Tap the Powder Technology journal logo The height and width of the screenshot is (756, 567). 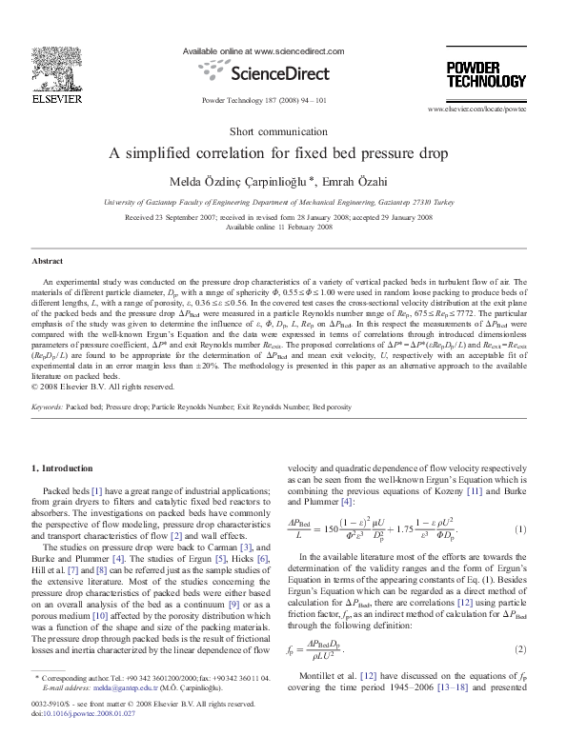coord(486,73)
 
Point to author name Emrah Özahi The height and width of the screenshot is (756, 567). coord(364,182)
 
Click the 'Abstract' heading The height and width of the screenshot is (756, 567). coord(47,260)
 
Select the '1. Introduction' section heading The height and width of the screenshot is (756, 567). coord(63,468)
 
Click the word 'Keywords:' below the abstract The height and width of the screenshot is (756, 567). coord(47,407)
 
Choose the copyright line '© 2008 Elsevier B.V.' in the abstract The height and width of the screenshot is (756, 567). coord(91,387)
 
